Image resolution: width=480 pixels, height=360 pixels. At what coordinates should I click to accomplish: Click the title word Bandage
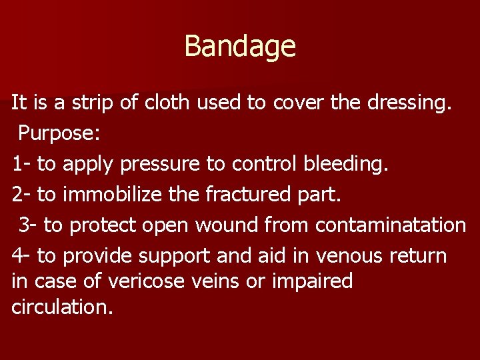pos(239,46)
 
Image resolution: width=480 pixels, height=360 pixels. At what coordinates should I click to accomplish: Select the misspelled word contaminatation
pos(391,225)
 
